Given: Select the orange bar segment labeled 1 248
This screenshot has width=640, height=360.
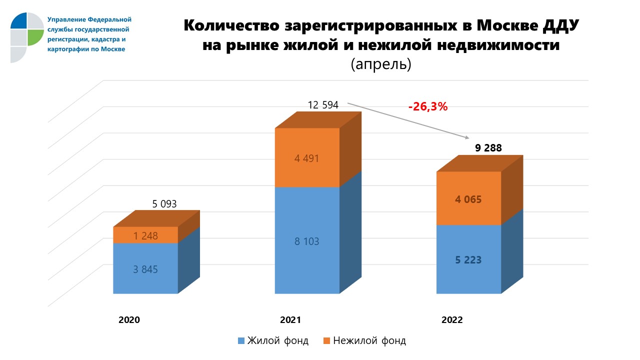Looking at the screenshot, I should pos(145,235).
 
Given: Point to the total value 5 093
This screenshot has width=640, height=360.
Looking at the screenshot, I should pos(164,204).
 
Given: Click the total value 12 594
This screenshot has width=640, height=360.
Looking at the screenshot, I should pos(323,105).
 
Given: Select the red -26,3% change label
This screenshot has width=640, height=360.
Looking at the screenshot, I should pos(427,106).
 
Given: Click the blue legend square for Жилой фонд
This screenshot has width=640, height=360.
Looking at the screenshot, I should pos(241,341).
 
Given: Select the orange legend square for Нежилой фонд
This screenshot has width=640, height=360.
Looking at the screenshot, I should pos(326,341).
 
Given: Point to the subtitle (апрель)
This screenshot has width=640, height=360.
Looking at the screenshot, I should pos(380,64).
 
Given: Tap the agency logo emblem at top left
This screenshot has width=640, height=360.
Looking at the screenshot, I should pos(27,36).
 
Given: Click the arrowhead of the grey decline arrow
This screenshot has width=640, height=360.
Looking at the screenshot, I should pos(468,138).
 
